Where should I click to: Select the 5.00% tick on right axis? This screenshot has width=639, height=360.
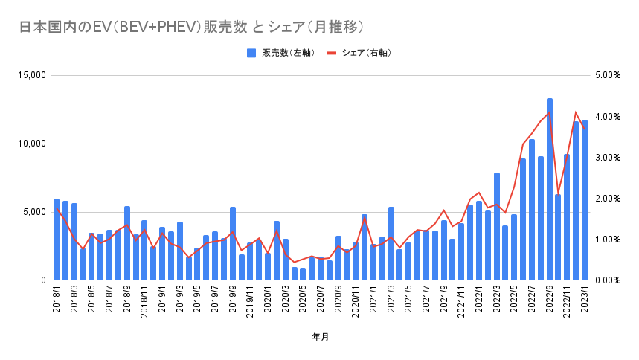pos(608,75)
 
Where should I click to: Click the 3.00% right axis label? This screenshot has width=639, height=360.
pos(608,158)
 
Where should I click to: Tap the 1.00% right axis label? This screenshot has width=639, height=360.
pos(608,240)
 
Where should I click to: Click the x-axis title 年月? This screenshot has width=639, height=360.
pos(321,337)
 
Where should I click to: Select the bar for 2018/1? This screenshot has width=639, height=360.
pos(57,240)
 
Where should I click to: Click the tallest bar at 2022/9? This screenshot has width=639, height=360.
pos(550,190)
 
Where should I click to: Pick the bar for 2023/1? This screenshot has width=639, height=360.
pos(585,200)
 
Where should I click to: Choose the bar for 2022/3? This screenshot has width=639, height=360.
pos(497,226)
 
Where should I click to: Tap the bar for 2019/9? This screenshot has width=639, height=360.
pos(233,243)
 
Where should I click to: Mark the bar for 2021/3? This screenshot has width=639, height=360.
pos(391,243)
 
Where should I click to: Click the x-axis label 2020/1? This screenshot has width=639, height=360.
pos(268,299)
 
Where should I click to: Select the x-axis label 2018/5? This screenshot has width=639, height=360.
pos(91,299)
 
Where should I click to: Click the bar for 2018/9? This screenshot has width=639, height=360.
pos(127,243)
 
